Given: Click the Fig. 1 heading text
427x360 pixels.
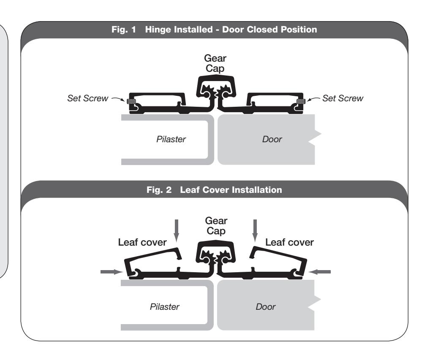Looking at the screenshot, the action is point(214,30).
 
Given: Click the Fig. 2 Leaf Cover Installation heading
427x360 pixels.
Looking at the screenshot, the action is point(214,189).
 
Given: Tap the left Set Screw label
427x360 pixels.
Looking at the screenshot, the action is point(88,98).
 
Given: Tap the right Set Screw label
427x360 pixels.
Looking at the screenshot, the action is point(343,98).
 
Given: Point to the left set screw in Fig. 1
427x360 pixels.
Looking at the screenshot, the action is point(131,101).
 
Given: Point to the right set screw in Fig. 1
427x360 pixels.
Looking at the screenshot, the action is point(301,101).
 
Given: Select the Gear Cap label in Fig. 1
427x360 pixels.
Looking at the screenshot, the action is point(215,63).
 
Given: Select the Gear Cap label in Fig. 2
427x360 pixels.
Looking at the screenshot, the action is point(216,225).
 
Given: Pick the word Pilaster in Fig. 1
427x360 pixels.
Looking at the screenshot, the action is point(171,139).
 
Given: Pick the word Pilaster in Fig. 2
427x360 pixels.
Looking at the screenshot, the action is point(164,307).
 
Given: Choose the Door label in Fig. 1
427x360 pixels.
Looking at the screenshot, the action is point(272,139).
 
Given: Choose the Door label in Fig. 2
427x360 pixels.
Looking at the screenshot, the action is point(266,307).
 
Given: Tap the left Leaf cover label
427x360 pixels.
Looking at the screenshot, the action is point(142,242).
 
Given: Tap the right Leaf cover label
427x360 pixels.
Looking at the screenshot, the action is point(289,242).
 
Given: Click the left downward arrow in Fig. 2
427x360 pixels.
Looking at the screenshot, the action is point(177,231).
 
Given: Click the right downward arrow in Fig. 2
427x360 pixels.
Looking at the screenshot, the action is point(255,231).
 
